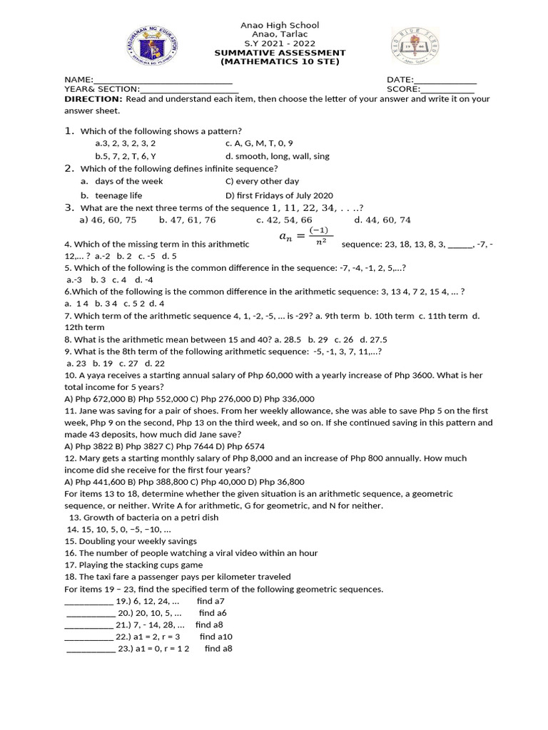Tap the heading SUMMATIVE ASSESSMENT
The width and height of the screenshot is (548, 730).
click(280, 53)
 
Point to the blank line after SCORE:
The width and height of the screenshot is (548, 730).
click(447, 90)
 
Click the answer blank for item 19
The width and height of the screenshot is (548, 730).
click(88, 601)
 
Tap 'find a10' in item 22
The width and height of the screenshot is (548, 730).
click(216, 637)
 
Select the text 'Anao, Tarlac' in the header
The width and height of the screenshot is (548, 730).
click(280, 34)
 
